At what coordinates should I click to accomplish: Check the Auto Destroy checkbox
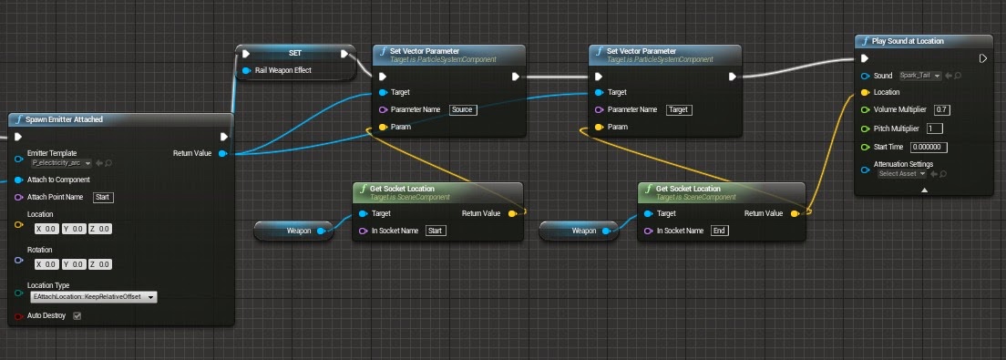77,316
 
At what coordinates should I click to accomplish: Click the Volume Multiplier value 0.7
942,109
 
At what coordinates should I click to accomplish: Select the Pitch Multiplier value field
934,128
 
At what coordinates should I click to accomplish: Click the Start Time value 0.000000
929,147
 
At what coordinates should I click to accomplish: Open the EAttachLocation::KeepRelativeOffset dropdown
93,297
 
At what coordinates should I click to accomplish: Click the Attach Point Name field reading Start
103,197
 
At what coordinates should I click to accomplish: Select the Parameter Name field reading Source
462,109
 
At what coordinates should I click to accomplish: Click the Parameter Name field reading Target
678,109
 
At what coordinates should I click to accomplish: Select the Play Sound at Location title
907,41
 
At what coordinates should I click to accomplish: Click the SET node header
294,53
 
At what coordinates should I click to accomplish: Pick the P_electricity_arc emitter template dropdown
61,163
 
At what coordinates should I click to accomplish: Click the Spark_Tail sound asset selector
920,75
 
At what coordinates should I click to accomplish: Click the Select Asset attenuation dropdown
902,173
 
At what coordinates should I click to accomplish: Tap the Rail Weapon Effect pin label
282,70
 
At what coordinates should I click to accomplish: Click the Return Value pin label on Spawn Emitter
192,153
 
